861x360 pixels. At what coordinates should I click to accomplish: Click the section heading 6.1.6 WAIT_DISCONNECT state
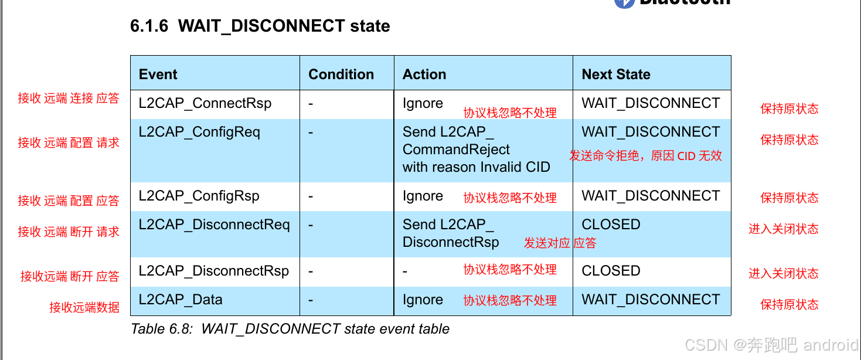(260, 26)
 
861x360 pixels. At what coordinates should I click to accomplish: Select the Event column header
(158, 74)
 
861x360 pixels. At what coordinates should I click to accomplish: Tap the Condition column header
(341, 74)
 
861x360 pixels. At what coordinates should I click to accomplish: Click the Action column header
(424, 74)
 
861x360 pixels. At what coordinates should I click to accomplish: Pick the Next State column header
(615, 74)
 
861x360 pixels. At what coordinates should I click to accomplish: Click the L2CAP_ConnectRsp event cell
(205, 103)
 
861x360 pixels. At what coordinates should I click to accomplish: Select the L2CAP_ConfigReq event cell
(199, 132)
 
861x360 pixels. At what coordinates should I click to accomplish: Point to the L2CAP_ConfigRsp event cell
(199, 196)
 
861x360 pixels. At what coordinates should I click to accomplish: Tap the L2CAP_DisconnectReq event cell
(214, 225)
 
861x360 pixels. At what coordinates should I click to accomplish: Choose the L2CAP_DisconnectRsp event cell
(213, 271)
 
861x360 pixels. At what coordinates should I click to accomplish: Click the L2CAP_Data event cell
(181, 300)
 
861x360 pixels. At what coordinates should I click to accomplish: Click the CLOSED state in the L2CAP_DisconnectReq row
(611, 225)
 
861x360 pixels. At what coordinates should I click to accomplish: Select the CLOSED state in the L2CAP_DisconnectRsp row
(611, 271)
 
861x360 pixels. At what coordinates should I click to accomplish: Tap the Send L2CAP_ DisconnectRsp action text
(450, 233)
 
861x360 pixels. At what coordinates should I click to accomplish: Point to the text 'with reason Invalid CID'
(476, 167)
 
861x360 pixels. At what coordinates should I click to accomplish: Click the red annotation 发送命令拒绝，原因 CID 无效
(645, 156)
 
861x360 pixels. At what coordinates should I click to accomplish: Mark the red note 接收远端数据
(84, 307)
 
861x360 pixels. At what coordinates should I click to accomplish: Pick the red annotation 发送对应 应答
(559, 243)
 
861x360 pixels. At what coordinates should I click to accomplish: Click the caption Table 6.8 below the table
(290, 329)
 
